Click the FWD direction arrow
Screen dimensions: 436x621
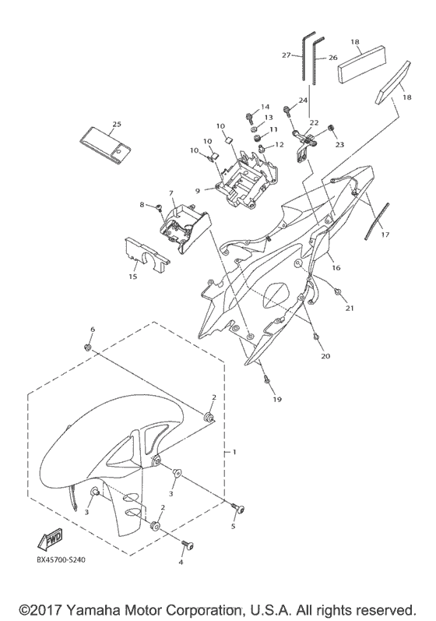(50, 539)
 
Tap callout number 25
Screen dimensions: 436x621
(116, 124)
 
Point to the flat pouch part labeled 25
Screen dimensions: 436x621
(105, 145)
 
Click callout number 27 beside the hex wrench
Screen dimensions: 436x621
(287, 55)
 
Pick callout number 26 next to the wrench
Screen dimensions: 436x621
(333, 58)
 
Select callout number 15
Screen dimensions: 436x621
(133, 276)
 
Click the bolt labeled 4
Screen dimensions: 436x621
(187, 545)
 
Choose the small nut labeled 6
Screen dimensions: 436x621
(87, 348)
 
